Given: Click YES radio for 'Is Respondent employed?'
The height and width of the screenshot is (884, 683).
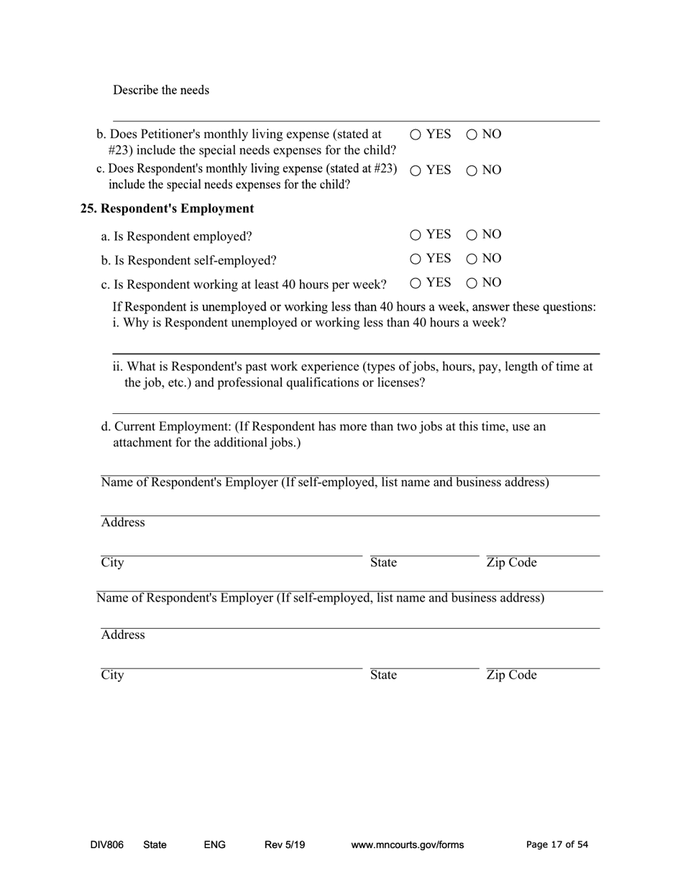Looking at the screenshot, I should click(x=416, y=235).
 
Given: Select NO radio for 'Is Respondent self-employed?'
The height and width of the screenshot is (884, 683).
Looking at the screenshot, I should click(x=472, y=259).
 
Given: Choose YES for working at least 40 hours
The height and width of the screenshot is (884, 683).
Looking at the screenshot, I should click(x=416, y=282).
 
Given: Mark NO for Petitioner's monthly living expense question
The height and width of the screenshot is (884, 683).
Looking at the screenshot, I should click(x=472, y=134).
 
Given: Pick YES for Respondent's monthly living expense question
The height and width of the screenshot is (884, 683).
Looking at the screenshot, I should click(x=416, y=171).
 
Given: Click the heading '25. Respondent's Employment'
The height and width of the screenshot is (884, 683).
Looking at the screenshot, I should click(x=167, y=208).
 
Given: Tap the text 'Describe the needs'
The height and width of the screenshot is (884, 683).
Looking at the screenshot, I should click(x=161, y=90).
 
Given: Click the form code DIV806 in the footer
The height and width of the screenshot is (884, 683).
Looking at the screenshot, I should click(x=107, y=845).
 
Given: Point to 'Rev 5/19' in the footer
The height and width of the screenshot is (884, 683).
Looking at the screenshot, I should click(x=285, y=845).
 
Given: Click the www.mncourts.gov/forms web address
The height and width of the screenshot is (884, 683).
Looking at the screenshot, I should click(x=407, y=845).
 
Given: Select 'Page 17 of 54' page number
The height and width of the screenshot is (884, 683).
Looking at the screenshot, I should click(x=557, y=845).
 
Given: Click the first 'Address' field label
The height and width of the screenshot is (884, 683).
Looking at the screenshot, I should click(x=123, y=522).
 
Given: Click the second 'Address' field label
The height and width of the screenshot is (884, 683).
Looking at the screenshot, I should click(x=123, y=635).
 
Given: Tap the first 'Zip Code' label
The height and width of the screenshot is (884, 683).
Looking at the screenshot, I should click(x=511, y=563).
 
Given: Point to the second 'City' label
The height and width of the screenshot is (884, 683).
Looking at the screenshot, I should click(x=112, y=675).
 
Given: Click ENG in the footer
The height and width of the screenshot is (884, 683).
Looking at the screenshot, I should click(x=214, y=845).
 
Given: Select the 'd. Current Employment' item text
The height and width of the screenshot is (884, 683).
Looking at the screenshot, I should click(x=324, y=427).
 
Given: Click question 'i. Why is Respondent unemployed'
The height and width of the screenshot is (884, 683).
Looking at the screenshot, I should click(x=309, y=323).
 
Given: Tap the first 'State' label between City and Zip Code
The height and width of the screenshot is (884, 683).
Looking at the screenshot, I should click(x=383, y=563).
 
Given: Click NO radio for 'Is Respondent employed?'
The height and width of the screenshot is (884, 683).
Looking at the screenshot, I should click(x=472, y=235).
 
